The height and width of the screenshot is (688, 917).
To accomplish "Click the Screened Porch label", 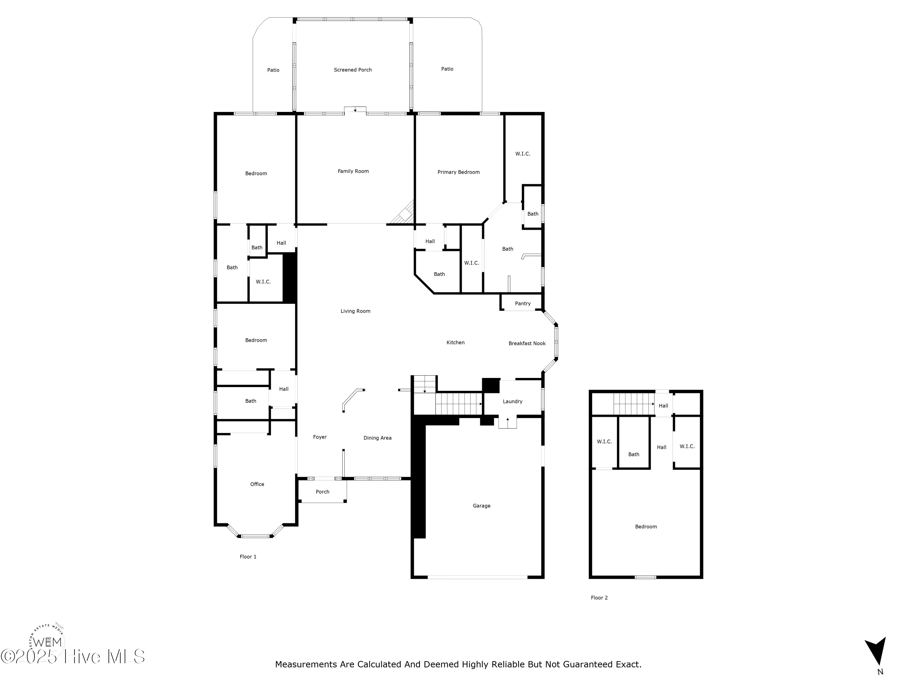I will [x=353, y=70].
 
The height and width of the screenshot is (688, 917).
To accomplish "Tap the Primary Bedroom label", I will [x=458, y=172].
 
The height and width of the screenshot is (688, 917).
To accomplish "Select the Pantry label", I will [x=523, y=304].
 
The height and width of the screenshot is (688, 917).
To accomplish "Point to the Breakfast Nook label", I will [x=527, y=343].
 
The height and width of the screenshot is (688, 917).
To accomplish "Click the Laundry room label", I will [x=512, y=401].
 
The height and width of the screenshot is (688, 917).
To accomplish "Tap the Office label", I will [x=257, y=484].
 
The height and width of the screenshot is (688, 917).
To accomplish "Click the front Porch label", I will [x=322, y=492].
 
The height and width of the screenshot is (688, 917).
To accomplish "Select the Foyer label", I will [x=320, y=437].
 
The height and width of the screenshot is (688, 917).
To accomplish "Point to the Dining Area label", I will [x=377, y=438].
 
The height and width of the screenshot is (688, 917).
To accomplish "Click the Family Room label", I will [x=353, y=171].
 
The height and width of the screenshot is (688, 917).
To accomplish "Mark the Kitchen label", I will [x=455, y=342].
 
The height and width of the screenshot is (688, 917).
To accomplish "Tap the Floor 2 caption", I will [x=599, y=597].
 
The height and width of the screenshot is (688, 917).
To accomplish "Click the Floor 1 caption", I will [x=248, y=557].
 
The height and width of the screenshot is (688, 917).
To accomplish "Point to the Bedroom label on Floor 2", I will [x=646, y=527].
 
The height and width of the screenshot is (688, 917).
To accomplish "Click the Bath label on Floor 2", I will [x=633, y=454].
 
